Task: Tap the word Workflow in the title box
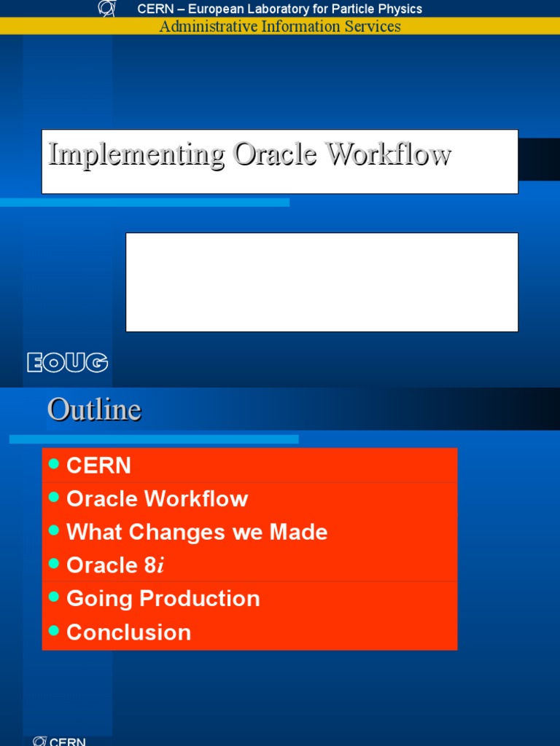point(388,154)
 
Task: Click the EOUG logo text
point(67,362)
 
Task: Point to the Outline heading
point(94,409)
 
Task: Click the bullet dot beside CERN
point(53,464)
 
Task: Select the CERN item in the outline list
point(98,466)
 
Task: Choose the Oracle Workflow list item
point(157,499)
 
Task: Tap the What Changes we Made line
point(197,532)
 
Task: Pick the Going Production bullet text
point(163,599)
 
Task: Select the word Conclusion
point(128,632)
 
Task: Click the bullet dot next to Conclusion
point(53,631)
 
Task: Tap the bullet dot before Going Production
point(53,597)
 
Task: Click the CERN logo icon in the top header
point(106,9)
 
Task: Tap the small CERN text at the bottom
point(67,742)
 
